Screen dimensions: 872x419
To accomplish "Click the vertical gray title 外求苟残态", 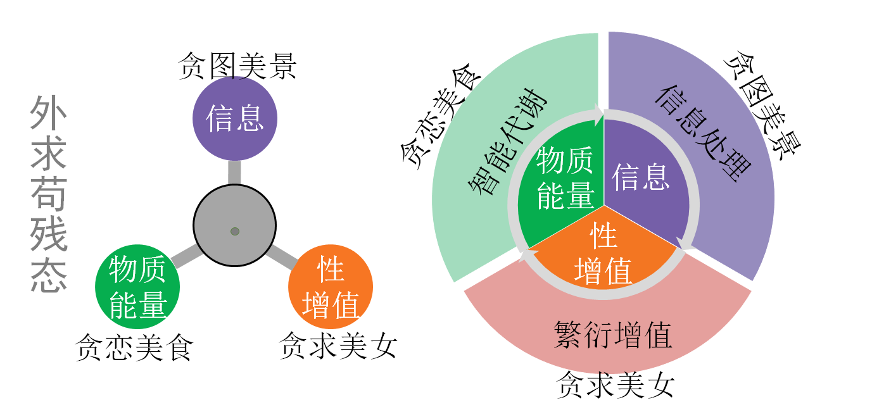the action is click(x=49, y=194).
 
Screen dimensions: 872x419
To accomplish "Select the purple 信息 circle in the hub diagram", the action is click(x=235, y=118).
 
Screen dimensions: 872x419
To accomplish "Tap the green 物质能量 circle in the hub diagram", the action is click(x=137, y=287).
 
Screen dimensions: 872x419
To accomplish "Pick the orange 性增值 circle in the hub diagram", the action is click(x=331, y=287).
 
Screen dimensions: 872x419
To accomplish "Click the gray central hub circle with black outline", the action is click(x=235, y=225).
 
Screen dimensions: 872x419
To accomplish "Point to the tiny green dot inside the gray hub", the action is click(x=235, y=232).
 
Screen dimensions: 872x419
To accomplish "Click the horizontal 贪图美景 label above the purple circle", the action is click(x=238, y=66).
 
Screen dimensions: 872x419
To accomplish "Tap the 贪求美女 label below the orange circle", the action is click(x=338, y=345).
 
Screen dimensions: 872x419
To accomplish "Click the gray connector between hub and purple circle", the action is click(x=234, y=172).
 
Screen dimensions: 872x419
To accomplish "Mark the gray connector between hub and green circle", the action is click(x=186, y=256).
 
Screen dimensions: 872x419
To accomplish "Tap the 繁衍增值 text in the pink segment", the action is click(x=613, y=335).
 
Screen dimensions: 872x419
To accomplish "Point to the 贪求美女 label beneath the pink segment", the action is click(x=616, y=385).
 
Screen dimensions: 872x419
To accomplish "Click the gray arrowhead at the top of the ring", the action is click(x=598, y=115).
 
